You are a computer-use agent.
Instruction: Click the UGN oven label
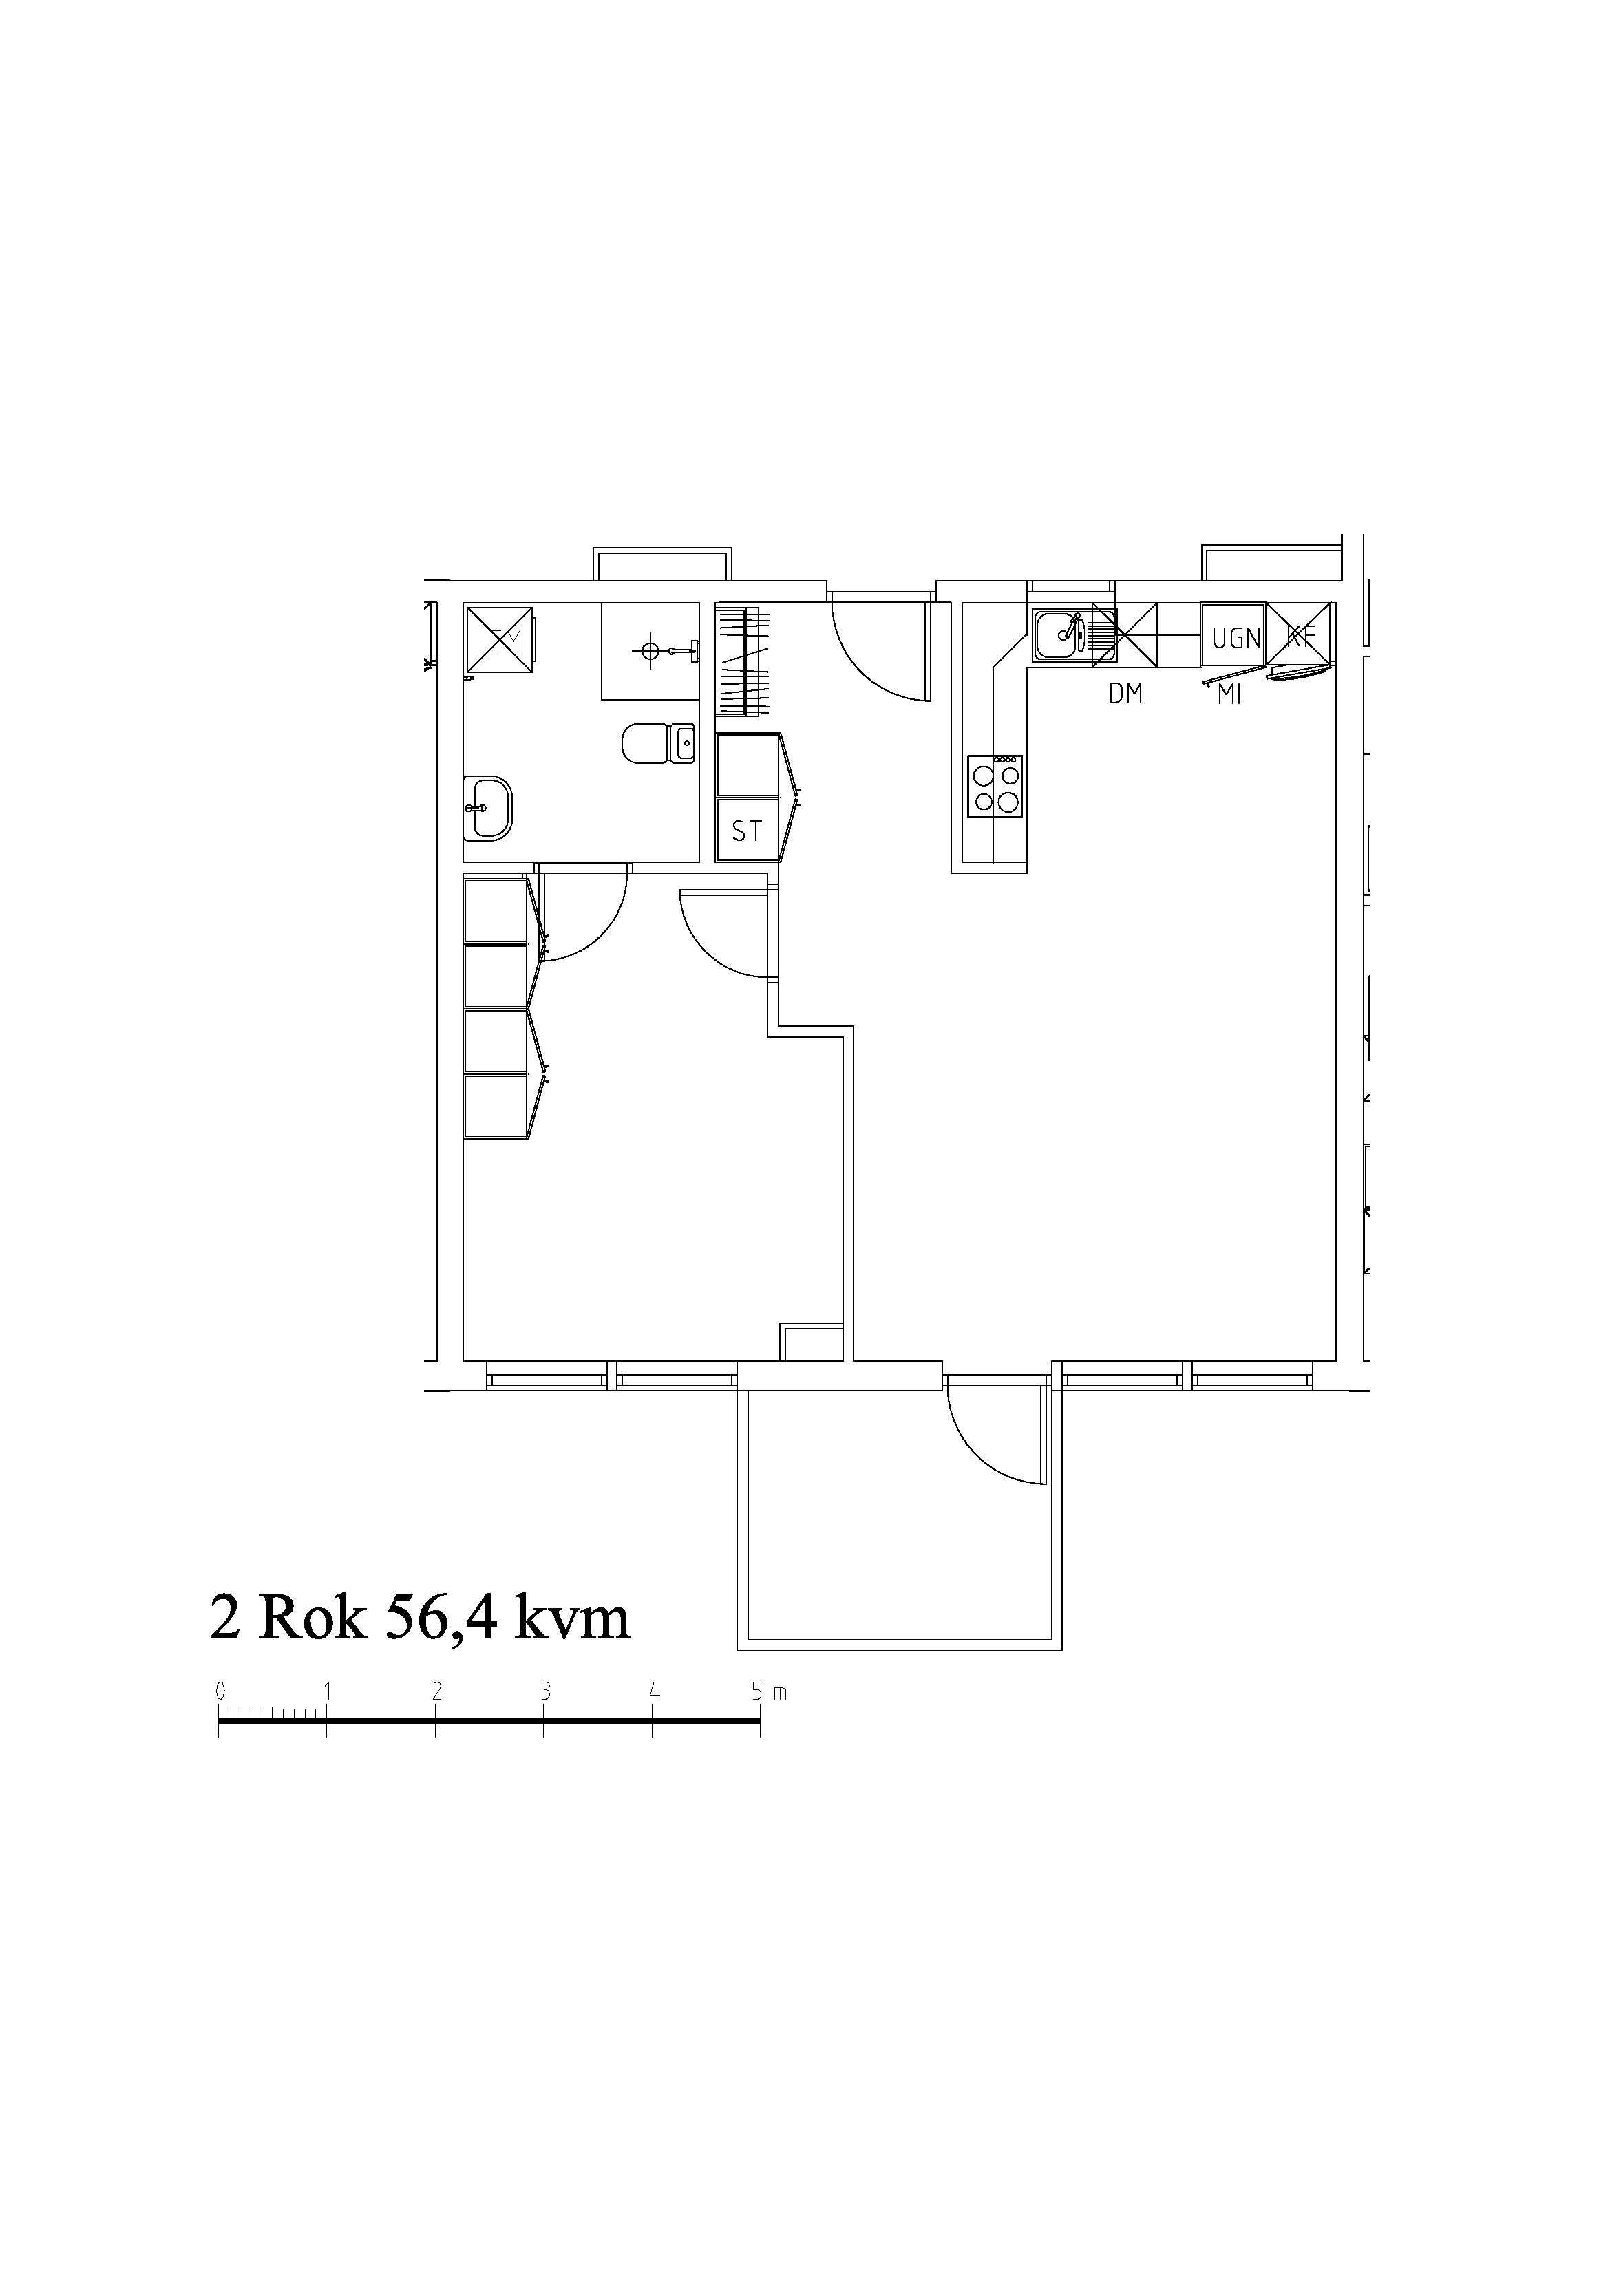pos(1236,638)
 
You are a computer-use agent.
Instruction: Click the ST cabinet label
pos(747,831)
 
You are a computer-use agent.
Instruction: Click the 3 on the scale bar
pos(544,1692)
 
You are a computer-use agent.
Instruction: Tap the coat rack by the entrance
pos(742,661)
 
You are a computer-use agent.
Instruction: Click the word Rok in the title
pos(312,1618)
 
